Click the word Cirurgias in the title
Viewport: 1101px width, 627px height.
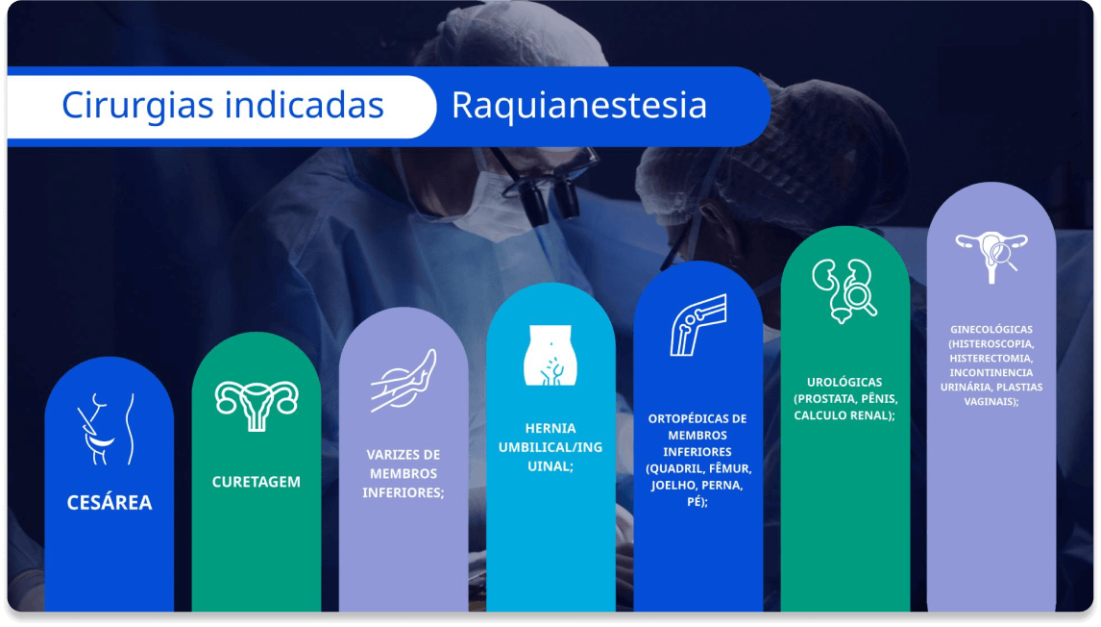point(137,106)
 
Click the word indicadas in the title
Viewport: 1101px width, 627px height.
point(304,105)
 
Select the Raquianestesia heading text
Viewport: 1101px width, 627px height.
point(578,106)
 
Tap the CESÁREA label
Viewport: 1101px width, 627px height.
point(110,502)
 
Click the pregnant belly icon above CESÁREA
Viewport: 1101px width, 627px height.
point(106,429)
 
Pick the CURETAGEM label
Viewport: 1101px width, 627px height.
point(257,482)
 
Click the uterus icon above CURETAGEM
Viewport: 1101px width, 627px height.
point(257,406)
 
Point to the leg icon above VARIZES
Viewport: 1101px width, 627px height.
point(404,380)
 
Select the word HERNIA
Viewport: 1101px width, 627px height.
point(550,428)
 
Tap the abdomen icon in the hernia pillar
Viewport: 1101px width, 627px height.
point(550,355)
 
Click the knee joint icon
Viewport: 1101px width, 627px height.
point(697,325)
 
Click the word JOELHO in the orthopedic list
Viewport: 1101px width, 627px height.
point(672,485)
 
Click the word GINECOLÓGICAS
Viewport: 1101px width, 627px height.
point(991,329)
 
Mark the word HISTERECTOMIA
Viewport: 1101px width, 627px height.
point(991,358)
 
